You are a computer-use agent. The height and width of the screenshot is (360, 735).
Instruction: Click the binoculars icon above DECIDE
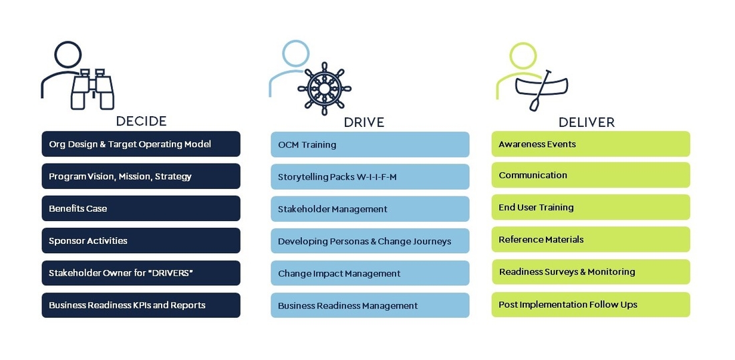click(93, 89)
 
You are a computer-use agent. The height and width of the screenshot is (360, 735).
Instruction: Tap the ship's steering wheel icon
click(324, 89)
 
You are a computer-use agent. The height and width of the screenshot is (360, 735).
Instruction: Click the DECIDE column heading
click(141, 122)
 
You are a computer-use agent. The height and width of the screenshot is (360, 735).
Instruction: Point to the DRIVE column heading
click(363, 122)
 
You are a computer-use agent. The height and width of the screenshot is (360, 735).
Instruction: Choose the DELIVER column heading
click(587, 122)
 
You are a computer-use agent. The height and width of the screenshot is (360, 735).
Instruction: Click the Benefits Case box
click(141, 208)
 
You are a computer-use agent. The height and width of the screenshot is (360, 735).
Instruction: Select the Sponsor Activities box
click(141, 240)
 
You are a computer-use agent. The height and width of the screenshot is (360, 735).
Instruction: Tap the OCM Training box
click(370, 144)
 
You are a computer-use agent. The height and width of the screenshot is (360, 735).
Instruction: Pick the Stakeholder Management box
click(370, 208)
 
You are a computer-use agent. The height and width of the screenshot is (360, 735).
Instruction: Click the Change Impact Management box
click(370, 273)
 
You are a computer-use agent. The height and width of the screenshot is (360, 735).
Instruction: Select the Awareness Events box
click(591, 144)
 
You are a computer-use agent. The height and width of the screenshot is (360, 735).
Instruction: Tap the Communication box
click(591, 175)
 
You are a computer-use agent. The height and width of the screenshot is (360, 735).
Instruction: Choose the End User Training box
click(591, 207)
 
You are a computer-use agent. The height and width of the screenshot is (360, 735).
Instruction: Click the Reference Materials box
click(591, 239)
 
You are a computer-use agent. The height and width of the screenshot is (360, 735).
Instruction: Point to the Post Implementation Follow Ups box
click(591, 304)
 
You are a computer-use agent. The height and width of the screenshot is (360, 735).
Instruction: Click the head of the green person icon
click(523, 56)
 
